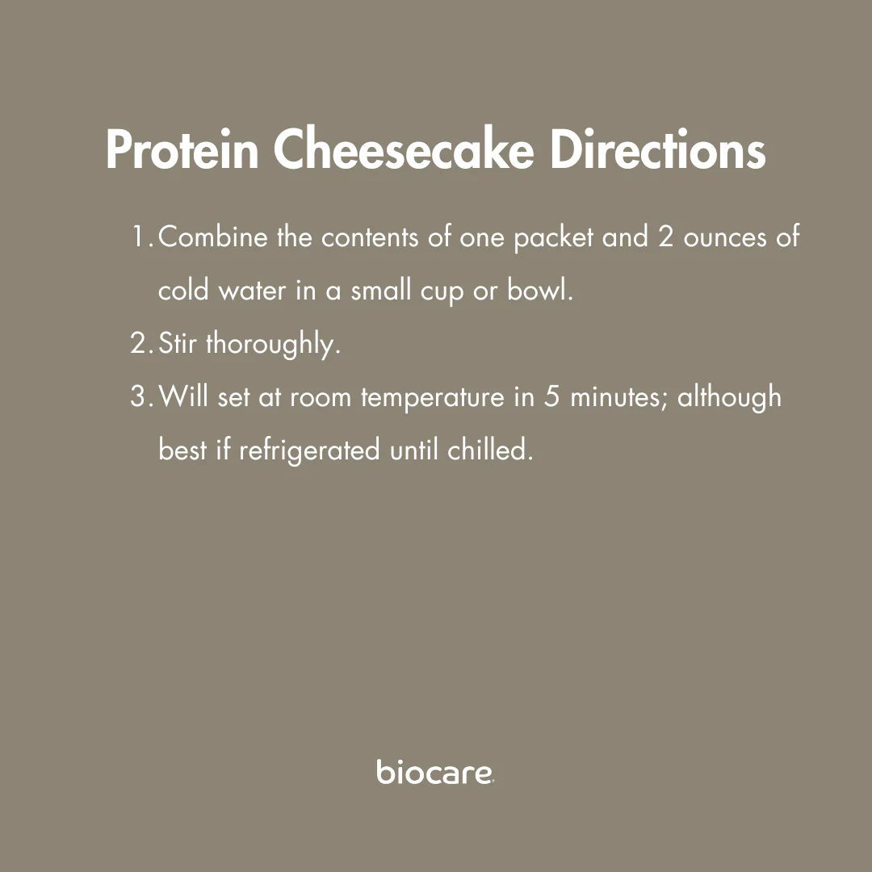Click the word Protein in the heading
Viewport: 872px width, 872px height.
pyautogui.click(x=182, y=149)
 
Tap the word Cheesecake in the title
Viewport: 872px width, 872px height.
pyautogui.click(x=403, y=149)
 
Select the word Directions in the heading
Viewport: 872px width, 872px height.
pyautogui.click(x=658, y=149)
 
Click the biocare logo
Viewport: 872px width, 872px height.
pyautogui.click(x=435, y=771)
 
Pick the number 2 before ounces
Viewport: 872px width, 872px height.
pyautogui.click(x=666, y=237)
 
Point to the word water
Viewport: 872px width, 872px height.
pyautogui.click(x=252, y=291)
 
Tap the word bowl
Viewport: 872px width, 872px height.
pyautogui.click(x=539, y=290)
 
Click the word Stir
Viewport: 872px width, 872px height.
pyautogui.click(x=178, y=342)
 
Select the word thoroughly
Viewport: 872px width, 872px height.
pyautogui.click(x=273, y=345)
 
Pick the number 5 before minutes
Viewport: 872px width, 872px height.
pyautogui.click(x=551, y=396)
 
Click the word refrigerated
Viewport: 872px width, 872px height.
pyautogui.click(x=309, y=451)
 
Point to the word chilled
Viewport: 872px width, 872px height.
pyautogui.click(x=490, y=450)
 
